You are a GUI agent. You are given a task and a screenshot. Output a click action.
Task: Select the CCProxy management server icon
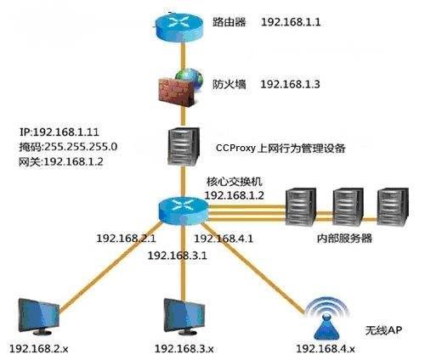(x=179, y=148)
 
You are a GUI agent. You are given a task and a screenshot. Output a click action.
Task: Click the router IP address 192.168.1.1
(x=291, y=23)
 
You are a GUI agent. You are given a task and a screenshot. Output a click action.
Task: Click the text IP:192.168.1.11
(x=59, y=132)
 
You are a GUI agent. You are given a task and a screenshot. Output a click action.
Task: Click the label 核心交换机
(x=229, y=183)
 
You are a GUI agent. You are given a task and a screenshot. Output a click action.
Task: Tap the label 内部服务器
(x=343, y=239)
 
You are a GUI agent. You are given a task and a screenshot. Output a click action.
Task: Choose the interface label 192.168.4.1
(x=225, y=239)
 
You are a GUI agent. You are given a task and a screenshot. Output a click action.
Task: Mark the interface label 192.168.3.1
(x=178, y=254)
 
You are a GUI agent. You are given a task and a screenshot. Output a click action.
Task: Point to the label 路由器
(x=229, y=23)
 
